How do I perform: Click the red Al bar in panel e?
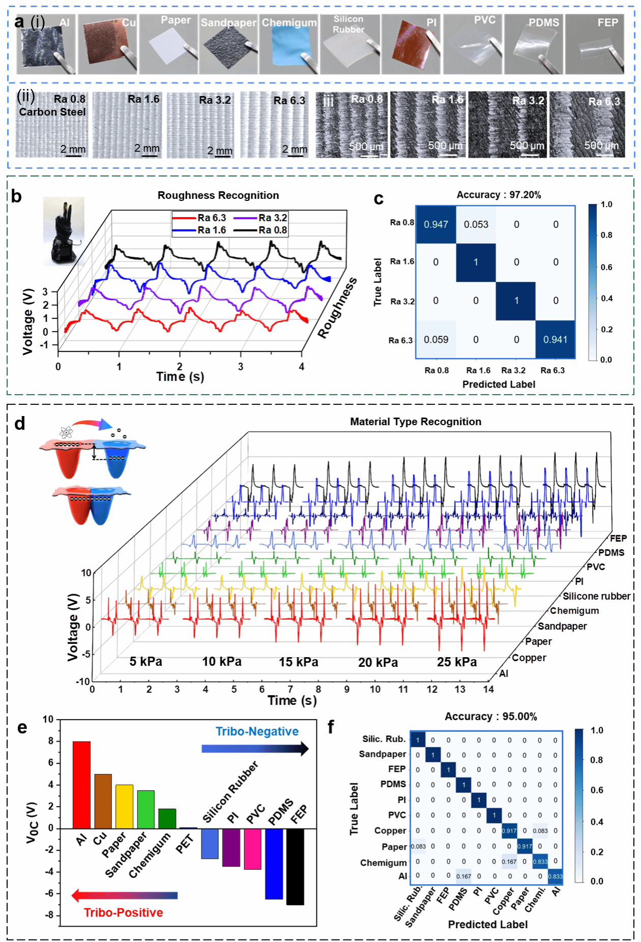(81, 784)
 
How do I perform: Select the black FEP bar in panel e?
(295, 866)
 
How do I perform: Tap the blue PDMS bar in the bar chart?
(274, 864)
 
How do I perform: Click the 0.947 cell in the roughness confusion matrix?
(436, 224)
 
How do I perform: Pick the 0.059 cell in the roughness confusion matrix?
(436, 339)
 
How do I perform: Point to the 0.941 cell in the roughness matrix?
(555, 339)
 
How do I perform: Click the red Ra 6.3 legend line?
(184, 218)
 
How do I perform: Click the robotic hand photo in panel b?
(64, 231)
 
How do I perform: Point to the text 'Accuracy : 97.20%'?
(499, 195)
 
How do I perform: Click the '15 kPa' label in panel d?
(299, 662)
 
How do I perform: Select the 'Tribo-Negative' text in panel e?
(257, 731)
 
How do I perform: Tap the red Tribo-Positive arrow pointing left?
(124, 895)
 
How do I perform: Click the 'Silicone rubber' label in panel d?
(596, 596)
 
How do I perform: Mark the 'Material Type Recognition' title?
(415, 422)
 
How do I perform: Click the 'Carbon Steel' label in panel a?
(52, 112)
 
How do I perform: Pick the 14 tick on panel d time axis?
(488, 689)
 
